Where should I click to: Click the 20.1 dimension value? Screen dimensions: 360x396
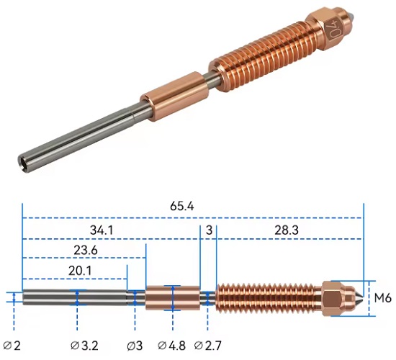coord(75,271)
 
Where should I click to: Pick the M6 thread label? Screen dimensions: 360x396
coord(382,297)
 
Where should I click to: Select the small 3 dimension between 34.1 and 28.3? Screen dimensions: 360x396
coord(208,231)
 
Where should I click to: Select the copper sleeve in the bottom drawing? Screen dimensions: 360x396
coord(171,297)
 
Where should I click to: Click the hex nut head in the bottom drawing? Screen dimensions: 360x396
coord(336,297)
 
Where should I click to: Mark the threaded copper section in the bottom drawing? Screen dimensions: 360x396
coord(271,297)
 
